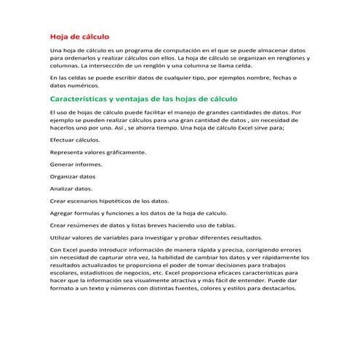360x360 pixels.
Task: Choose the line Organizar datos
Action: (x=72, y=176)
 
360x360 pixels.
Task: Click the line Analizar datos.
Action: (x=71, y=188)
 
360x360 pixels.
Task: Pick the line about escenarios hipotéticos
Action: (x=108, y=200)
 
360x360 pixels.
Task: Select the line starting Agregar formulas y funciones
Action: (x=138, y=212)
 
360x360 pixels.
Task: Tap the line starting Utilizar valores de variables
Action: (x=145, y=237)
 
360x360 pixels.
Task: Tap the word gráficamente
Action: (x=125, y=152)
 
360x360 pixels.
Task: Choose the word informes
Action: (x=87, y=164)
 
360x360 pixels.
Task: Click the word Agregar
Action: (x=61, y=212)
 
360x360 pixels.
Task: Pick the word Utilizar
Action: (x=60, y=237)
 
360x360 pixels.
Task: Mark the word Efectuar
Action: (x=61, y=139)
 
